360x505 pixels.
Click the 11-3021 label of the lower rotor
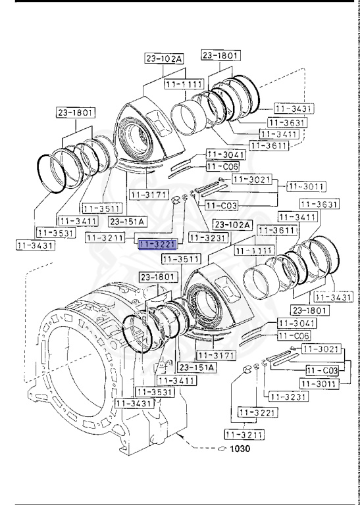319,348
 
